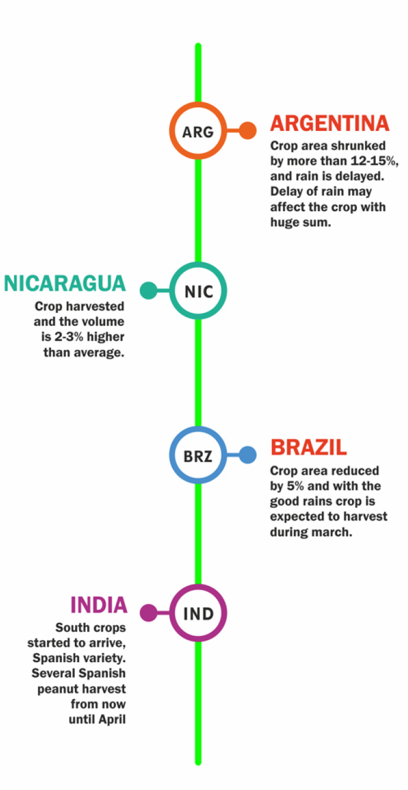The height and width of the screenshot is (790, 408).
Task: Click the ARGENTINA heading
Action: (329, 123)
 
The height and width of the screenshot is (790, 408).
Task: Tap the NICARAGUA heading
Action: (65, 284)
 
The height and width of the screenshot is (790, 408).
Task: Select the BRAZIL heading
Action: (309, 447)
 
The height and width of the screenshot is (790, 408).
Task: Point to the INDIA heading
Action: (99, 604)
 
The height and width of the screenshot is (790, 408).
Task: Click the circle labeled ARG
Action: (198, 131)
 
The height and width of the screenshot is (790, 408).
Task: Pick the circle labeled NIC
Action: (198, 291)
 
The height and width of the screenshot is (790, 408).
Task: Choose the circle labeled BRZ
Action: (198, 456)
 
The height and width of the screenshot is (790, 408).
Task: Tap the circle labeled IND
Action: (198, 613)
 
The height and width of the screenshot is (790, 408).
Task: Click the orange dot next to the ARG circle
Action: (248, 131)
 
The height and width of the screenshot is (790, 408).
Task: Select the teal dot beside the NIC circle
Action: (148, 291)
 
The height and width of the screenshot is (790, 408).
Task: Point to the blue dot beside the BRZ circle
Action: (248, 456)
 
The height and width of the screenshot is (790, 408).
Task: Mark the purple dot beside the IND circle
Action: (148, 613)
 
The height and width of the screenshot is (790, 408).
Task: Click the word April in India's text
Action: (111, 720)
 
